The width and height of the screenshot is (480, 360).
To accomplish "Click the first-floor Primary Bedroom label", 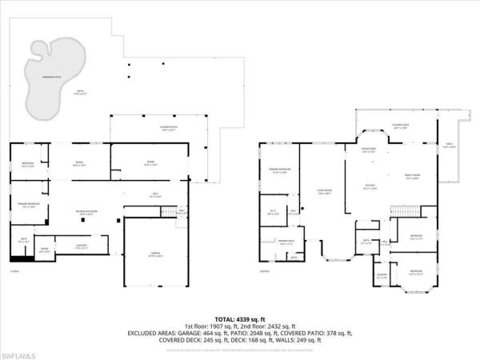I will click(29, 205).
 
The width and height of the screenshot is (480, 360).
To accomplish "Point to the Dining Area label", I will click(370, 150).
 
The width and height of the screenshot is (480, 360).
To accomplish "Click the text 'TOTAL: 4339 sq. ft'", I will click(240, 319).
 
